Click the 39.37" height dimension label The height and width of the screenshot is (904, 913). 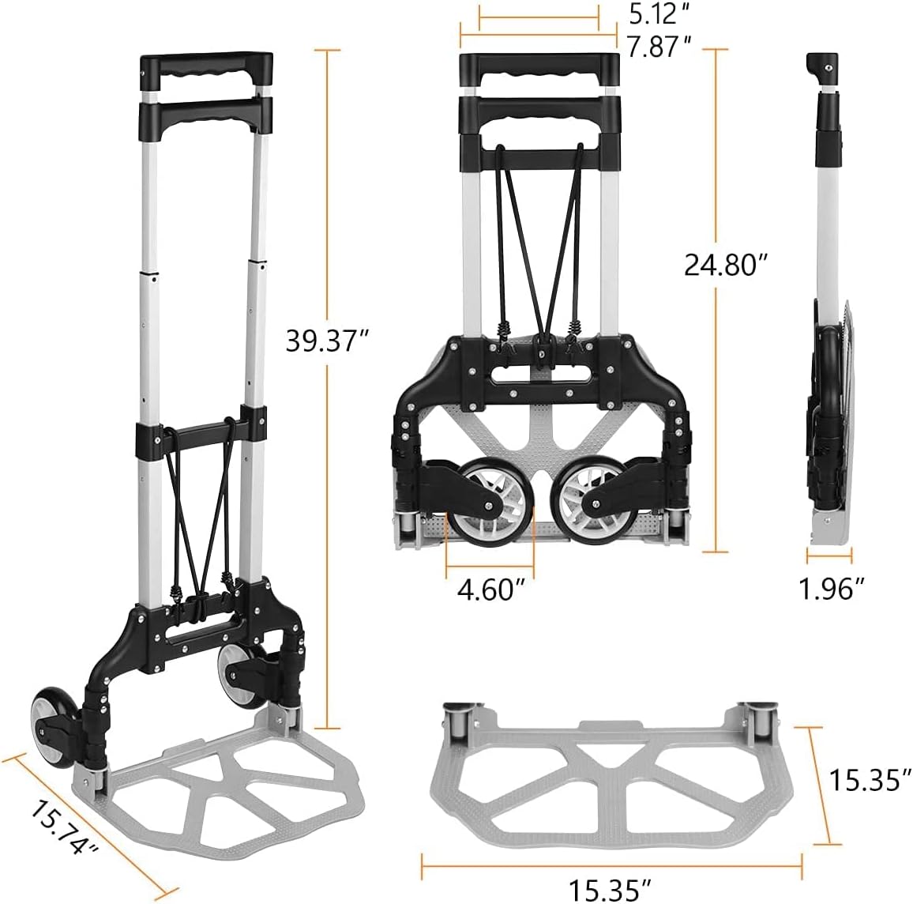[x=315, y=341]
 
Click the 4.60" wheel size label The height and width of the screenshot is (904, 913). [x=490, y=589]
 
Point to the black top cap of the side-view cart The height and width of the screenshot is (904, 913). [x=821, y=70]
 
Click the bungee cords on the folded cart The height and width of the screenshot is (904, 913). [x=540, y=237]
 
